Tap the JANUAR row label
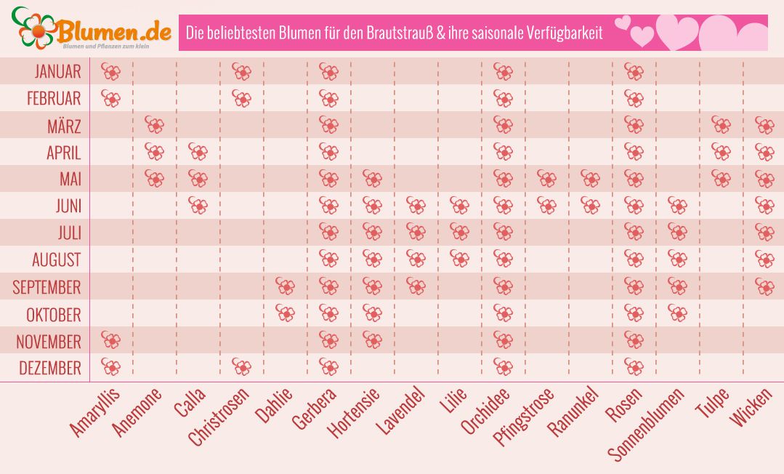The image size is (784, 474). click(57, 71)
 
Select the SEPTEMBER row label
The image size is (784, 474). click(47, 287)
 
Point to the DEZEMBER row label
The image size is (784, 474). click(49, 368)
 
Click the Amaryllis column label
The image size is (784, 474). click(94, 412)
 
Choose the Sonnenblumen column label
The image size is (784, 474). click(646, 425)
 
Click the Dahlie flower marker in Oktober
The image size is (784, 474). click(285, 313)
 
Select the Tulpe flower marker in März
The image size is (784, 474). click(721, 125)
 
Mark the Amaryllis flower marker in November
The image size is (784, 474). click(110, 340)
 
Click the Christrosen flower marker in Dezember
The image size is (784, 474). click(241, 367)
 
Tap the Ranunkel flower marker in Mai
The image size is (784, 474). click(590, 179)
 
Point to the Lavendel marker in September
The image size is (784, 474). click(416, 286)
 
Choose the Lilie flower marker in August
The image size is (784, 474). click(459, 259)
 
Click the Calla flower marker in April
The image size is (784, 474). click(198, 152)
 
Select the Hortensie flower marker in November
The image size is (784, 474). click(372, 340)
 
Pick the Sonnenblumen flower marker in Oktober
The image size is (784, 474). click(677, 313)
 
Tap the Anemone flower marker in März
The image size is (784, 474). click(154, 125)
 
